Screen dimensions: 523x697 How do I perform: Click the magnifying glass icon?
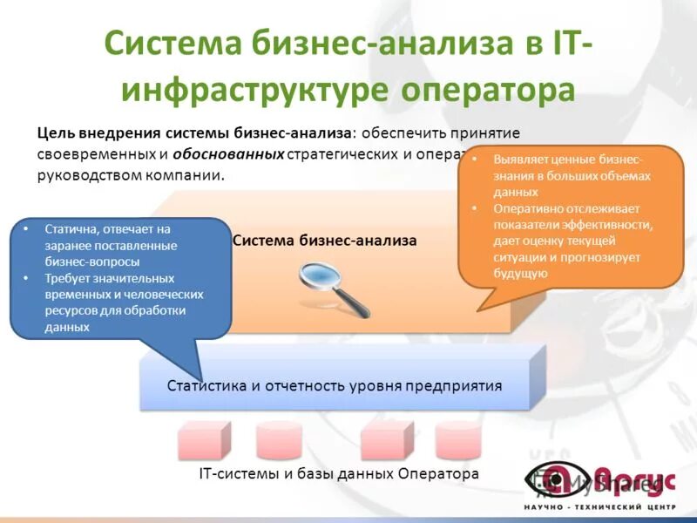tap(334, 289)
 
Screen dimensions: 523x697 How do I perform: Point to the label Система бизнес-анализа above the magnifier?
tap(325, 240)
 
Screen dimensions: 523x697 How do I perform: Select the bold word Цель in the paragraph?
tap(54, 133)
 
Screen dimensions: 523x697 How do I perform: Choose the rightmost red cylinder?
tap(457, 440)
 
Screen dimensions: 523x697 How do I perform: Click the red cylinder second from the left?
tap(279, 440)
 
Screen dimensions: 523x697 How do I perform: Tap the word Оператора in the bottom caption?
tap(439, 474)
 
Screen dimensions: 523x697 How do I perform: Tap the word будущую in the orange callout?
tap(520, 274)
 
